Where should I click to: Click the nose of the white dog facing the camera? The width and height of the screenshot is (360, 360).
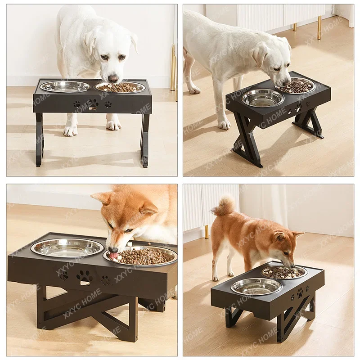click(113, 78)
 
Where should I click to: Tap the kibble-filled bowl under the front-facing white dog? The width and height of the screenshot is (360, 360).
click(120, 87)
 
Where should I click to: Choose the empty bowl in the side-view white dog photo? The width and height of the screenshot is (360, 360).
click(263, 97)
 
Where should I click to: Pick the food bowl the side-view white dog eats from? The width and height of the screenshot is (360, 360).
click(297, 85)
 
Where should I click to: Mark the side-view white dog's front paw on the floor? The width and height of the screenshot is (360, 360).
click(224, 124)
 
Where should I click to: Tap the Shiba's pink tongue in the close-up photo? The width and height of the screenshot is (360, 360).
click(114, 255)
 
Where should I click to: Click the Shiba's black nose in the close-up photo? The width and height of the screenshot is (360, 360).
click(112, 249)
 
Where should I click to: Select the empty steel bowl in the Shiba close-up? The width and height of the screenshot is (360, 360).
click(67, 247)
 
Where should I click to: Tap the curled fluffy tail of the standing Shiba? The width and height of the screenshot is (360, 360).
click(225, 205)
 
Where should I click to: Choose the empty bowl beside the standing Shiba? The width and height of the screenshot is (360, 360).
click(256, 286)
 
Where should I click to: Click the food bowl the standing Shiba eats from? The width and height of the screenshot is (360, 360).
click(284, 272)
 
